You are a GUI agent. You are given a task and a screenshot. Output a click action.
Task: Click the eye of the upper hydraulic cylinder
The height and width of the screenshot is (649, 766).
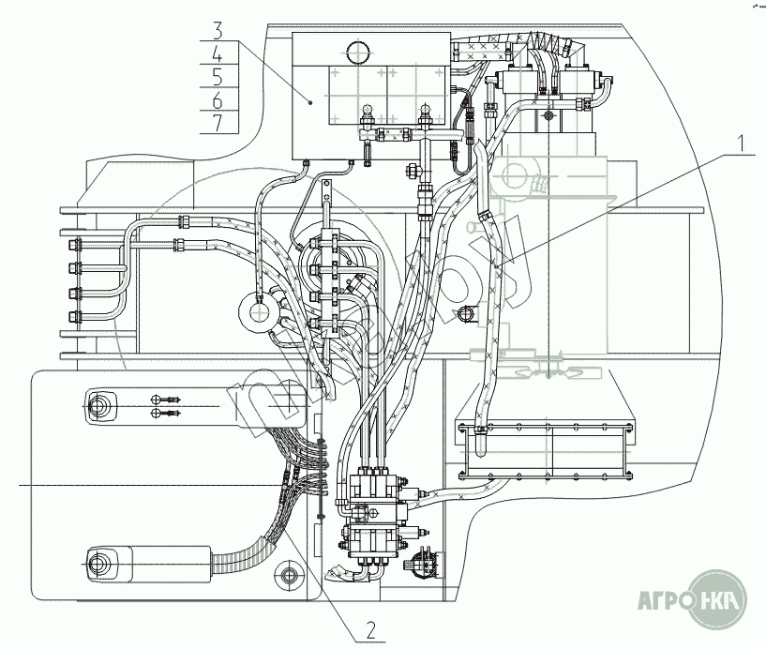click(97, 406)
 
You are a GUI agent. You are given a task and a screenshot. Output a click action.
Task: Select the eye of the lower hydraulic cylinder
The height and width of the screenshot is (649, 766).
click(97, 564)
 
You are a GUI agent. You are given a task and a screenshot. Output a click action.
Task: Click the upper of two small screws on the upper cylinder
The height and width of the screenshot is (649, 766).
click(156, 399)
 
